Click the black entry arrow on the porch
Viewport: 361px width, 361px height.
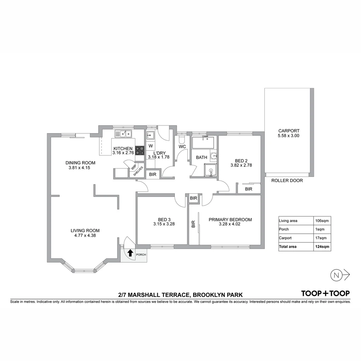click(x=130, y=253)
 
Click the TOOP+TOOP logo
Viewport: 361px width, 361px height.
click(x=326, y=293)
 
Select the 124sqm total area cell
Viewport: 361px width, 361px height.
click(x=322, y=247)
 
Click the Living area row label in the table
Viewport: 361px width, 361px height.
click(x=288, y=221)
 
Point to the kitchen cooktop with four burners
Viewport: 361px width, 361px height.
click(x=140, y=150)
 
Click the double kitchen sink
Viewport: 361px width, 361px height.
click(x=123, y=134)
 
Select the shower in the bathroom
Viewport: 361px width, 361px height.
click(x=211, y=170)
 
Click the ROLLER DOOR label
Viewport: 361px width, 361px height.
click(x=287, y=181)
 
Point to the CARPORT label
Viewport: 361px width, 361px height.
click(x=289, y=131)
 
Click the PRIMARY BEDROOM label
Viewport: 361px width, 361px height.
click(x=230, y=220)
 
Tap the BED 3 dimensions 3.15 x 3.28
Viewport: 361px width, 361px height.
click(x=164, y=224)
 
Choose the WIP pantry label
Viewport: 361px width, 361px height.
click(x=133, y=167)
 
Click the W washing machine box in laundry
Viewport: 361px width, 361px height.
click(x=150, y=146)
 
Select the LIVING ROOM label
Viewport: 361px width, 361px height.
click(x=85, y=230)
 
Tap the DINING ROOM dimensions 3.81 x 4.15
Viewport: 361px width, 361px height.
click(x=80, y=168)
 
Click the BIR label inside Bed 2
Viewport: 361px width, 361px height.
click(x=249, y=189)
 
